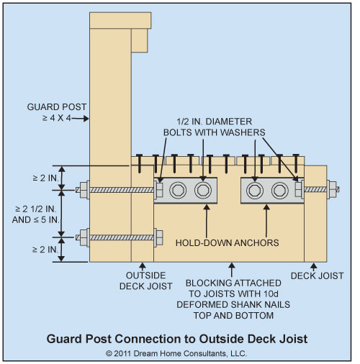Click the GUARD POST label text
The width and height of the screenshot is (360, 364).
(57, 107)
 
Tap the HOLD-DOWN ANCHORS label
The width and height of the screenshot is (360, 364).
(228, 243)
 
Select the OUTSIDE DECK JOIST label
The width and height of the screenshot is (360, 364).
(146, 281)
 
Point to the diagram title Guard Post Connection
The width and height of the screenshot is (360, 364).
(177, 339)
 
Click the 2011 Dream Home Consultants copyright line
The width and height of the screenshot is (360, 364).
(176, 353)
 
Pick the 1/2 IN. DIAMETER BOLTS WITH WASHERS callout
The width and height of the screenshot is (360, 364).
(215, 127)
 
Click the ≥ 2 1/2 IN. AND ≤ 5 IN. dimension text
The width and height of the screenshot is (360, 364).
(35, 214)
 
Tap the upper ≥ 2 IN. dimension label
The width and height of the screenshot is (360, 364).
(45, 178)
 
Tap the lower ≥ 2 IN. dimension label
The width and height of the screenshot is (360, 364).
(45, 250)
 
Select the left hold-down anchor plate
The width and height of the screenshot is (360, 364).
(186, 191)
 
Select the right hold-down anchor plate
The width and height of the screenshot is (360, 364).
(272, 191)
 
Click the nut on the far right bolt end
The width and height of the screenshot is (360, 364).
(333, 189)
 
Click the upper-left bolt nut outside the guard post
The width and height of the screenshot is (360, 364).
(84, 190)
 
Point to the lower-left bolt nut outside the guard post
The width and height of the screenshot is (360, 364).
(84, 237)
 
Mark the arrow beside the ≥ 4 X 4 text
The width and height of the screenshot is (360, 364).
(80, 118)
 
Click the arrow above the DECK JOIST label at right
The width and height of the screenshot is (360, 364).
(314, 267)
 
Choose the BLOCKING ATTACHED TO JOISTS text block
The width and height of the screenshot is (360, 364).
(233, 299)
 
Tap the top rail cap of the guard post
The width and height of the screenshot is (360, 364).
(120, 20)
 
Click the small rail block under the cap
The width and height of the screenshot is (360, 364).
(140, 40)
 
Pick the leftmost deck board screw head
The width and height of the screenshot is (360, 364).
(140, 155)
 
